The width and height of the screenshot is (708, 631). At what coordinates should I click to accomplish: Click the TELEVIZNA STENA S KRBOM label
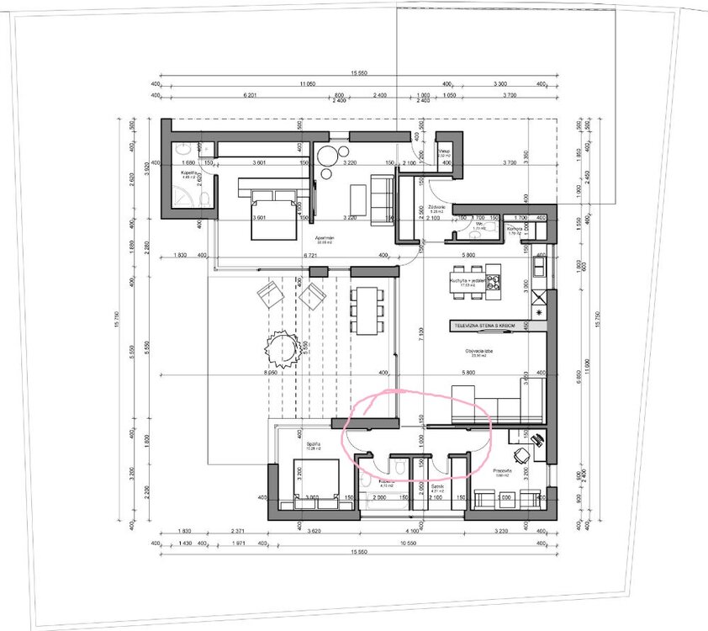(x=483, y=324)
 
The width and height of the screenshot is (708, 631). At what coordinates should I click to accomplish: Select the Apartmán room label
(x=326, y=238)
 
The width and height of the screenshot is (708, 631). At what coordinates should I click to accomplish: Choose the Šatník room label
(x=437, y=486)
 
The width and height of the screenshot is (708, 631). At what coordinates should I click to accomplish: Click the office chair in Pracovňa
(x=523, y=455)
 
